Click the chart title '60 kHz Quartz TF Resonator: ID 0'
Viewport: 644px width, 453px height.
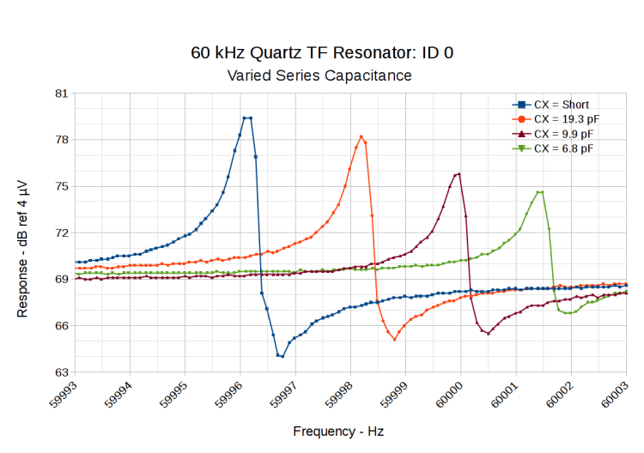point(322,52)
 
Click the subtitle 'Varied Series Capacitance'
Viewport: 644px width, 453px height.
point(319,75)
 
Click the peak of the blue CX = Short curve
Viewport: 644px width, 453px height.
point(246,118)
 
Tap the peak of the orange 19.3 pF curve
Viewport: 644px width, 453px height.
point(361,136)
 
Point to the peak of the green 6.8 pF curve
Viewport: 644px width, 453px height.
point(540,192)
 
